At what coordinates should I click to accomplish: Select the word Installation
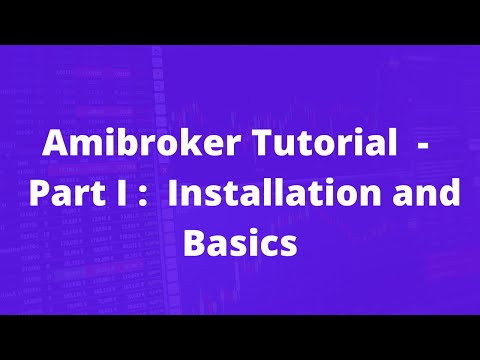click(x=285, y=193)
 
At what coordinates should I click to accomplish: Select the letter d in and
click(x=452, y=193)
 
